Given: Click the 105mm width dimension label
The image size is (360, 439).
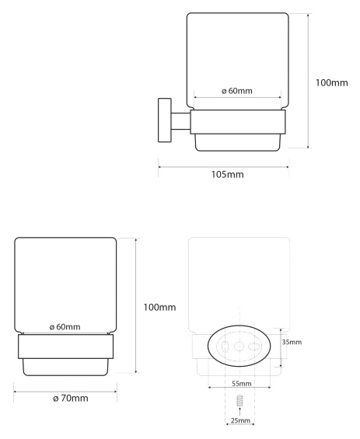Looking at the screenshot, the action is click(x=227, y=174).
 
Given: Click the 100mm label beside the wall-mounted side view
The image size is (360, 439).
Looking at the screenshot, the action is click(x=332, y=82).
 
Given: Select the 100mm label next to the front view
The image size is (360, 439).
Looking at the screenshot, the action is click(x=159, y=307).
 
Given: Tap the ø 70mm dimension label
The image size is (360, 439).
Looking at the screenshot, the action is click(x=71, y=398).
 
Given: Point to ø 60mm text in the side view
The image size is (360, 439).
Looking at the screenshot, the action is click(x=237, y=91).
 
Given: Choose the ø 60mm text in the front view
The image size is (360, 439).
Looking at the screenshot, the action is click(x=65, y=327).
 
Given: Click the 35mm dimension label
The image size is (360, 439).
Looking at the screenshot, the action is click(x=292, y=342).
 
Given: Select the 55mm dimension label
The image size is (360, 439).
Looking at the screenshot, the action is click(x=242, y=383).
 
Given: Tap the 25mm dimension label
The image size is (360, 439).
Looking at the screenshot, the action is click(x=240, y=420).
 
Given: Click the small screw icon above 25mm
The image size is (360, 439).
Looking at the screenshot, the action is click(x=239, y=401).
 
